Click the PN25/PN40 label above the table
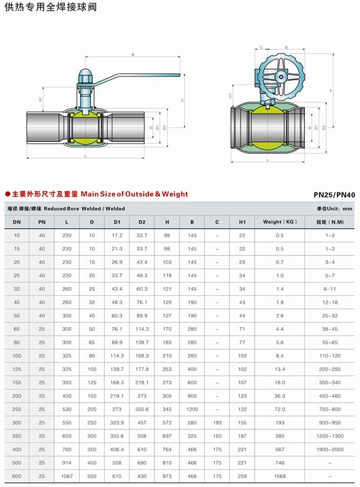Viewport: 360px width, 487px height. (334, 195)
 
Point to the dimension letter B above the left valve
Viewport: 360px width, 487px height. (133, 54)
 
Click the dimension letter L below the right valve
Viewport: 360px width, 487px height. (266, 160)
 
